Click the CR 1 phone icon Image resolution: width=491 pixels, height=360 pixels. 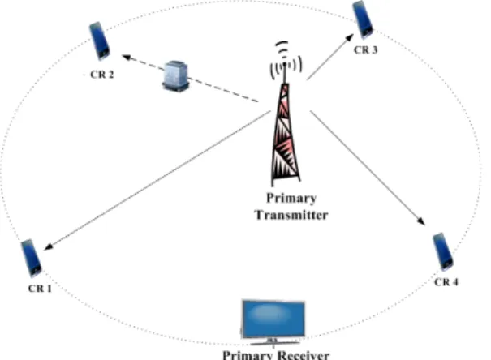pos(31,259)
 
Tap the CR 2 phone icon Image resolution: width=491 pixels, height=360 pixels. pos(100,41)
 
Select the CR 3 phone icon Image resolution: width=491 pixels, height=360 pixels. pos(363,19)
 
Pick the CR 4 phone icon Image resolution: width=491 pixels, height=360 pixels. pos(443,251)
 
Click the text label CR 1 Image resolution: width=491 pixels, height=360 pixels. pos(40,289)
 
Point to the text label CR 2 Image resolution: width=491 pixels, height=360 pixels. pos(102,75)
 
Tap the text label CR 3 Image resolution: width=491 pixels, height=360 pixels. pos(365,49)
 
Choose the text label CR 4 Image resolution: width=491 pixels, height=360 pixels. pos(446,282)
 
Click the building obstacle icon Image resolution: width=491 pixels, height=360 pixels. pos(176,76)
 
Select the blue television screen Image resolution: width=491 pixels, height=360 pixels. pos(273,319)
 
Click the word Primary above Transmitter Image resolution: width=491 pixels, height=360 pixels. pos(291,199)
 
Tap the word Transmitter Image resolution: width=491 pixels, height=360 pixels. pos(291,215)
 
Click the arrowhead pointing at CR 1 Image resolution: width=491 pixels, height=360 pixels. pos(49,246)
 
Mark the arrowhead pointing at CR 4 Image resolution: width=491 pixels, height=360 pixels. pos(421,221)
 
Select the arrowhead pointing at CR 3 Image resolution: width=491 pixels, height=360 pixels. pos(349,38)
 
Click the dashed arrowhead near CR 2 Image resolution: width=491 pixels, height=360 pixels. pos(126,58)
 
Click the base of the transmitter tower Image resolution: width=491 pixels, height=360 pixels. pos(286,180)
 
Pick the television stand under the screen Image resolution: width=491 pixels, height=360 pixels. pos(274,342)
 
